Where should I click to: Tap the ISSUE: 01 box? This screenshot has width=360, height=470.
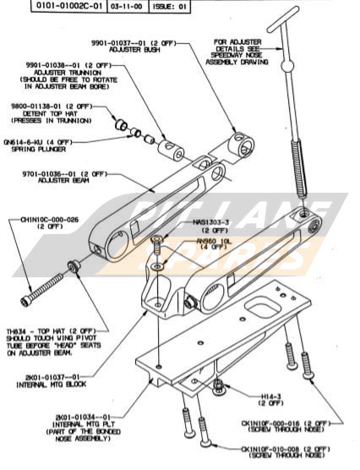click(172, 5)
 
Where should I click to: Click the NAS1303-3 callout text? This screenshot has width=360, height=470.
click(211, 221)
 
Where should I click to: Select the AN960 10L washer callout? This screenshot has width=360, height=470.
click(213, 242)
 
